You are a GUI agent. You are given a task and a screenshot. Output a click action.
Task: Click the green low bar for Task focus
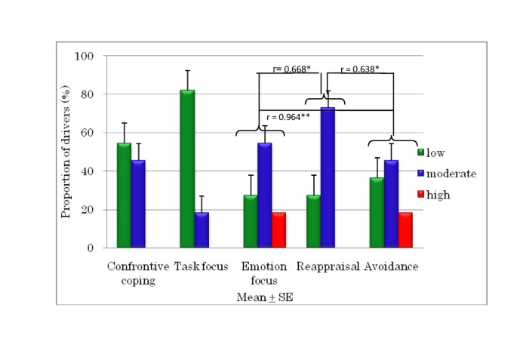187,168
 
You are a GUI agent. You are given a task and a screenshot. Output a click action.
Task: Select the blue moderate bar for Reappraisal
328,177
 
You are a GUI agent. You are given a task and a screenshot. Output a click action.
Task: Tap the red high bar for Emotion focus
278,229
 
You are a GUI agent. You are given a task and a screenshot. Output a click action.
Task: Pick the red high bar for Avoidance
405,229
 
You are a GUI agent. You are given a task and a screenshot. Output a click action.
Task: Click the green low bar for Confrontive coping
124,195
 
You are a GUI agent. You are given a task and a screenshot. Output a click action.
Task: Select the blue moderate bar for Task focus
202,229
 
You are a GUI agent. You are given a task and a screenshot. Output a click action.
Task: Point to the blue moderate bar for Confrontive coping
138,203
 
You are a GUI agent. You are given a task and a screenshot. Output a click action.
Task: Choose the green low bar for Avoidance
377,212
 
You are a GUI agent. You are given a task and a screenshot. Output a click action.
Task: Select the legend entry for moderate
445,174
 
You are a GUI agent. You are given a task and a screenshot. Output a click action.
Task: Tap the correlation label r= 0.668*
291,69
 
